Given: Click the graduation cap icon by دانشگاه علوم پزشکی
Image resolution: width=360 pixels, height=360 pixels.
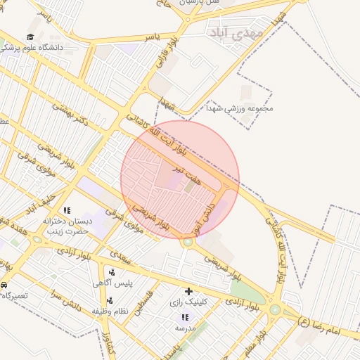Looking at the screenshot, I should tap(30, 37).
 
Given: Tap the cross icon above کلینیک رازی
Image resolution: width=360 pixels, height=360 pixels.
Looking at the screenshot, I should tap(188, 291).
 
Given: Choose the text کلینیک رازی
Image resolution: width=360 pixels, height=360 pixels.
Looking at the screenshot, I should tap(190, 303).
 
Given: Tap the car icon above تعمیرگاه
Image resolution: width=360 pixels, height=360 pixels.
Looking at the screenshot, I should tap(4, 285).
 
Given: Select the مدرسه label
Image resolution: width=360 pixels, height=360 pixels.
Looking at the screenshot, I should tap(185, 328).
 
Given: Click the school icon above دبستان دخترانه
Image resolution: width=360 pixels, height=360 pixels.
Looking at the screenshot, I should tap(67, 210).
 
